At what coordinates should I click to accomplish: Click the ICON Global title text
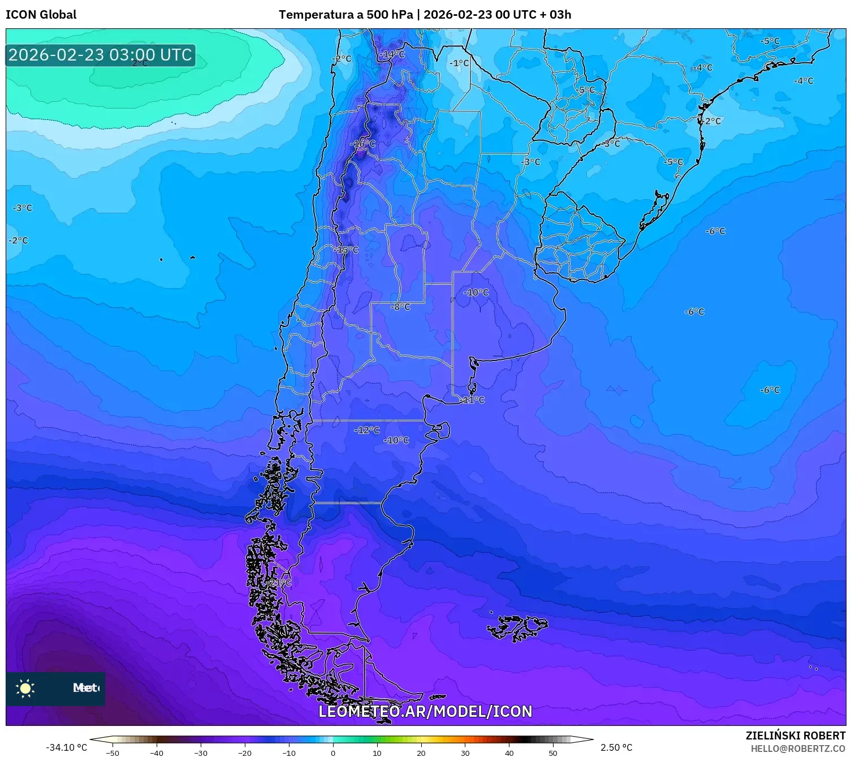point(41,15)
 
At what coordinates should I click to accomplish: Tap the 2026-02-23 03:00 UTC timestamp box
point(100,55)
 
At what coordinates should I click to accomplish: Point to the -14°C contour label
point(393,54)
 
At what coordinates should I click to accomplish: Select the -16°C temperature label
point(363,144)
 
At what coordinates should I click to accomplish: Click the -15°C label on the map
point(346,250)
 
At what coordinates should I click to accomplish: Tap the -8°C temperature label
point(400,307)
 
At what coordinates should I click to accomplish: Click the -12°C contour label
point(367,430)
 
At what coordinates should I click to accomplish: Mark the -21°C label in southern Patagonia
point(279,582)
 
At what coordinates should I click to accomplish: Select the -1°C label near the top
point(459,63)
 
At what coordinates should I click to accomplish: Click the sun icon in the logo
point(25,688)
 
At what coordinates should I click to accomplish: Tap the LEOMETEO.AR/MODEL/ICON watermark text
point(425,711)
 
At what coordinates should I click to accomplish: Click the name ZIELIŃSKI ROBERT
point(795,736)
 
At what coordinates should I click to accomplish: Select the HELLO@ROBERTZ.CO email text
point(797,749)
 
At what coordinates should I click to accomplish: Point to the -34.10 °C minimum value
point(66,747)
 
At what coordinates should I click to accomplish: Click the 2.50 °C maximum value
point(616,747)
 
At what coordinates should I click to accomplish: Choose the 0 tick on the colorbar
point(333,752)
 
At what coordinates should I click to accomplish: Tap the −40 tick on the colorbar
point(157,752)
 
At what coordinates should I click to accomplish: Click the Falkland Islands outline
point(517,627)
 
